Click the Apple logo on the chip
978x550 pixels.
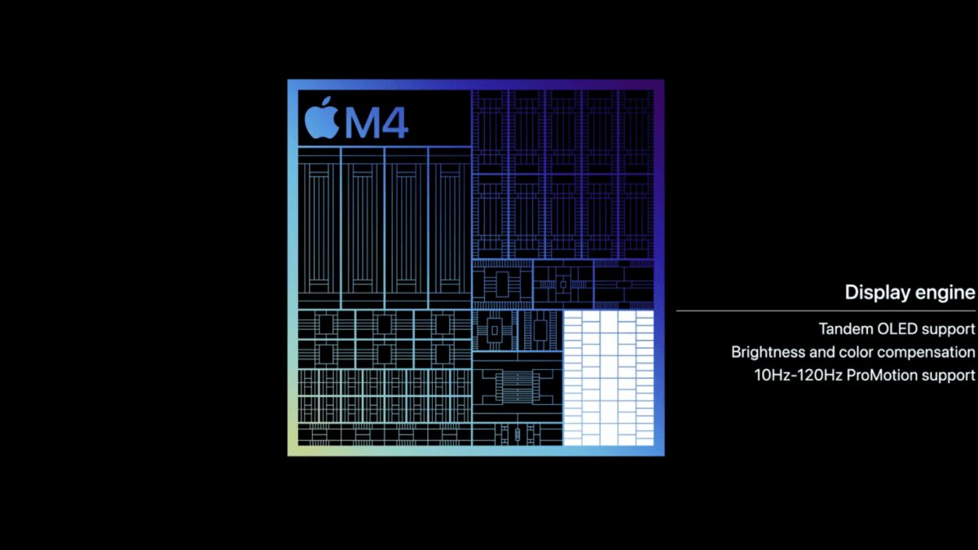coord(321,120)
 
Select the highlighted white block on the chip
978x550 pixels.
coord(608,377)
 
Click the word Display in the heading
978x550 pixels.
coord(874,293)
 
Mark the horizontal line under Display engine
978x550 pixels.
coord(825,310)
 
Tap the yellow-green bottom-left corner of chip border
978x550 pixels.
coord(292,451)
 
